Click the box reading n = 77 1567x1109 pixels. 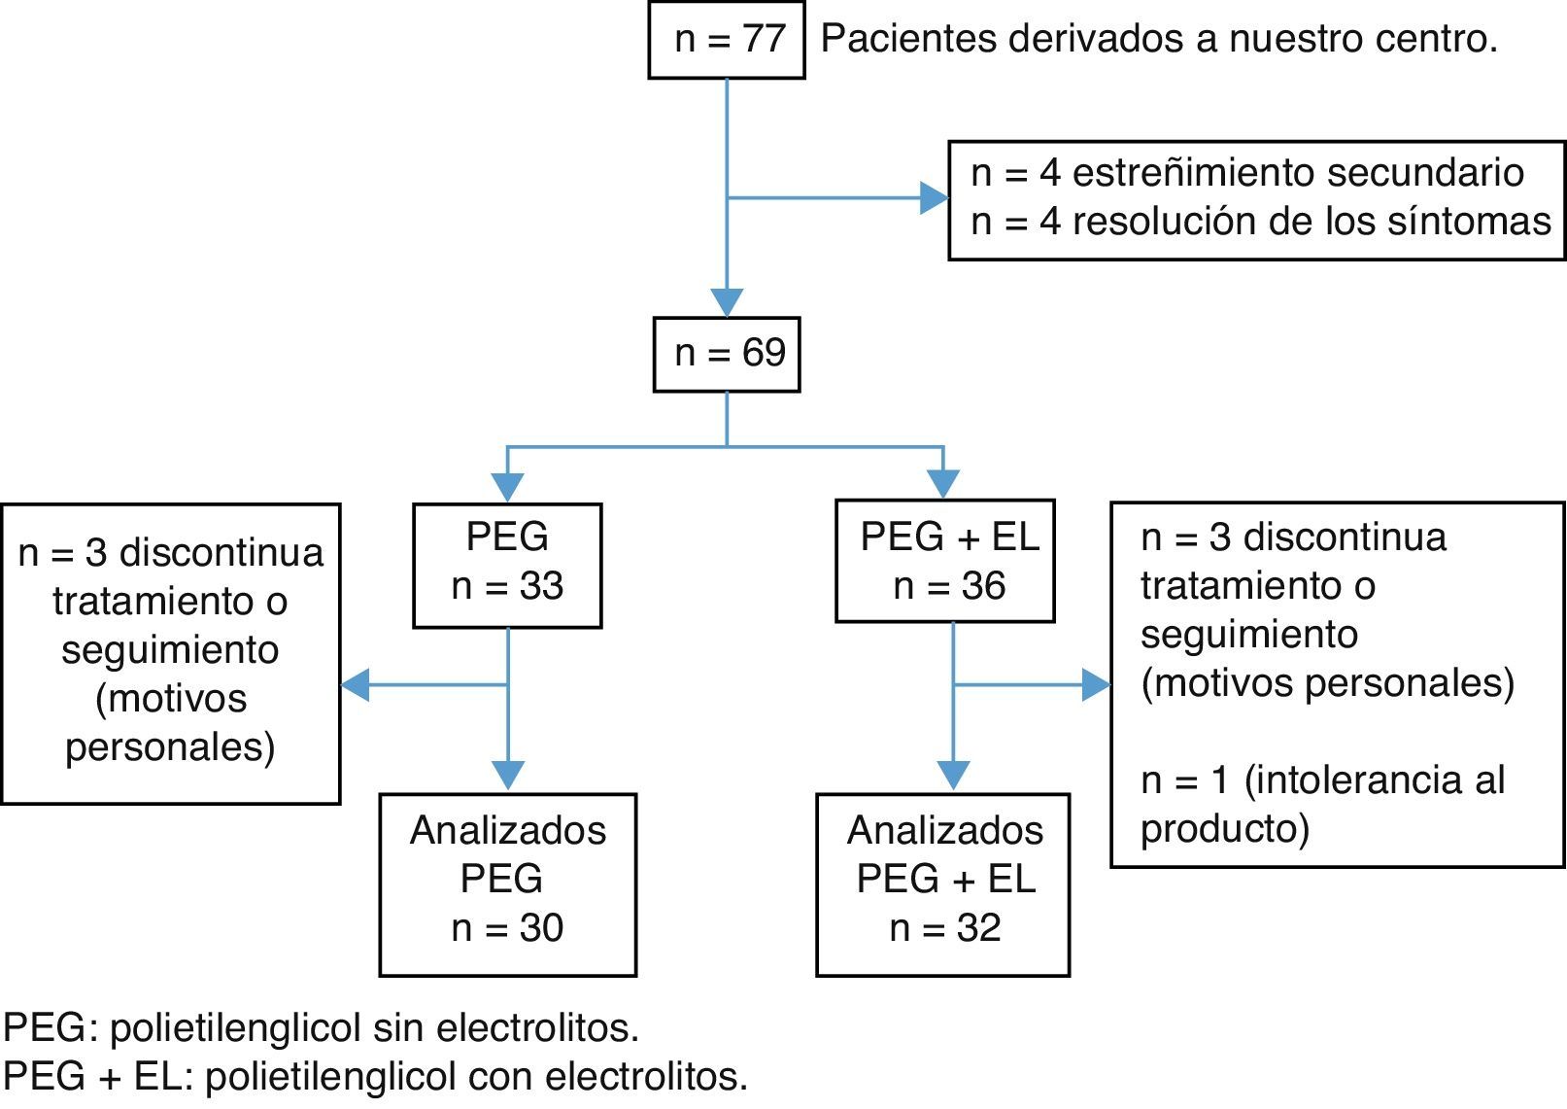tap(727, 40)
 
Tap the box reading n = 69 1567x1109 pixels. tap(727, 354)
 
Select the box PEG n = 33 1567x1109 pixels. tap(507, 565)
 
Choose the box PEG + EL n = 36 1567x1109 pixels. tap(945, 561)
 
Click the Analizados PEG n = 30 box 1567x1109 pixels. tap(507, 884)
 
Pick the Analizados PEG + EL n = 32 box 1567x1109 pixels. tap(943, 884)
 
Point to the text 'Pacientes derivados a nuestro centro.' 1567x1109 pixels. tap(1159, 40)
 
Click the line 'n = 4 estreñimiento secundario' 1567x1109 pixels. tap(1247, 173)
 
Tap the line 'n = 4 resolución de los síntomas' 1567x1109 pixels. tap(1260, 223)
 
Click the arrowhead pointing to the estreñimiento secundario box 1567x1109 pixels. tap(935, 198)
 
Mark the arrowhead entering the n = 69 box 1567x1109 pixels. tap(727, 302)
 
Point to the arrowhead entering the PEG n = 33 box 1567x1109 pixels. tap(507, 486)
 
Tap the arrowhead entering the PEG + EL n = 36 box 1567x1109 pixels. tap(943, 483)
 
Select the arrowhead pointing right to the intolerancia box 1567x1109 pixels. tap(1096, 684)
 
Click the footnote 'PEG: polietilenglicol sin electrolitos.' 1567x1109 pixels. tap(322, 1027)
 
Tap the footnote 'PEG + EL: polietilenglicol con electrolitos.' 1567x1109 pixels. tap(376, 1077)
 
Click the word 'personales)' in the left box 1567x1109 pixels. tap(170, 747)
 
